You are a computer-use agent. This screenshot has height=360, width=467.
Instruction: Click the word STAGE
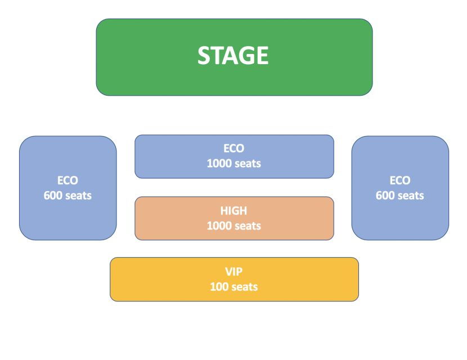pyautogui.click(x=233, y=55)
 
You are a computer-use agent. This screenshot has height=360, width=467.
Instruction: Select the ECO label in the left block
pyautogui.click(x=68, y=181)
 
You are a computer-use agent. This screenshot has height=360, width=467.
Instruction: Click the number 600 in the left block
pyautogui.click(x=53, y=196)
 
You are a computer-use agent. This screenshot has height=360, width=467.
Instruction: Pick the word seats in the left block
pyautogui.click(x=78, y=196)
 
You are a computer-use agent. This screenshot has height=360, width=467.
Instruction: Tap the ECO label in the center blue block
pyautogui.click(x=234, y=148)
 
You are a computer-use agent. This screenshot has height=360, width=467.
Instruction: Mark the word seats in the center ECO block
pyautogui.click(x=248, y=164)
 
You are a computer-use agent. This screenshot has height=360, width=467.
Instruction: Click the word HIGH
pyautogui.click(x=234, y=211)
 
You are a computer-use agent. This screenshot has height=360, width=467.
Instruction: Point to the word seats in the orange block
pyautogui.click(x=248, y=226)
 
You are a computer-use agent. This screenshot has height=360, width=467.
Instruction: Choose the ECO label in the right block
pyautogui.click(x=400, y=181)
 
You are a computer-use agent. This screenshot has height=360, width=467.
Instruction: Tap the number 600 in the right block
pyautogui.click(x=385, y=196)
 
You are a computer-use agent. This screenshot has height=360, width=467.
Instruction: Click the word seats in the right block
pyautogui.click(x=411, y=196)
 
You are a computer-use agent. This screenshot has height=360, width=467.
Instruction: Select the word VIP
pyautogui.click(x=234, y=272)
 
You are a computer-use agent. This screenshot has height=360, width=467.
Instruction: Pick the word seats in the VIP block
pyautogui.click(x=245, y=287)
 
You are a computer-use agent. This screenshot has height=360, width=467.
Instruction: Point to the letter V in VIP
pyautogui.click(x=229, y=272)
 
